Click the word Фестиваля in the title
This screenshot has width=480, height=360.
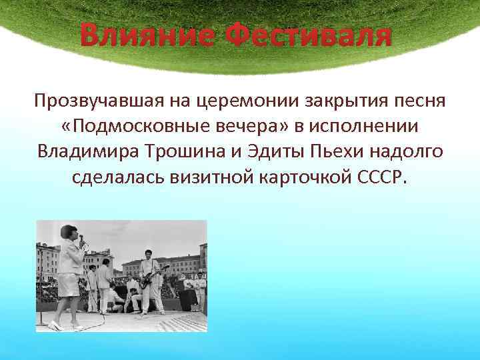308,35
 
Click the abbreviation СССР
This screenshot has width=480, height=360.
390,177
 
